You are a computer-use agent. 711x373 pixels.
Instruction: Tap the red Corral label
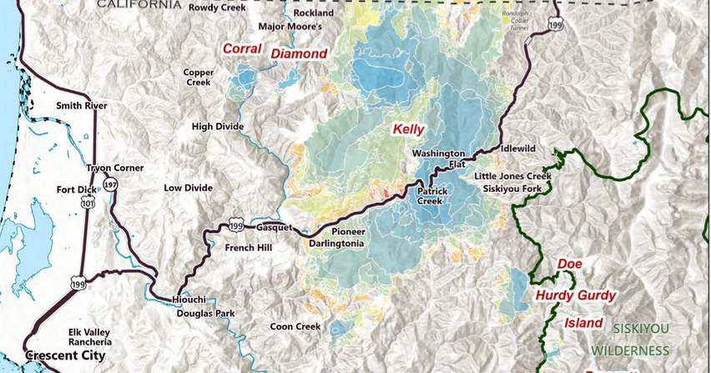tap(241, 49)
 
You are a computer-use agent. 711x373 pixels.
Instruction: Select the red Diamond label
tap(299, 54)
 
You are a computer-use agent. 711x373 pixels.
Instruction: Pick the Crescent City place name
tap(65, 356)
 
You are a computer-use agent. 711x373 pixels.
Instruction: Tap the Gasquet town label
tap(276, 227)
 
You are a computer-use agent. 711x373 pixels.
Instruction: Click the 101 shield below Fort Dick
tap(86, 203)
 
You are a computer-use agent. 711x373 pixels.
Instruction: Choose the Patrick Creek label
tap(433, 196)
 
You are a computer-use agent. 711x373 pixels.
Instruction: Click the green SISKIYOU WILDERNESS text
tap(641, 339)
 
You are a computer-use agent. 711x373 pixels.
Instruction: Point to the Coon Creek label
tap(295, 326)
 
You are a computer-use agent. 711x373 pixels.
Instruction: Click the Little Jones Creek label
tap(513, 177)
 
